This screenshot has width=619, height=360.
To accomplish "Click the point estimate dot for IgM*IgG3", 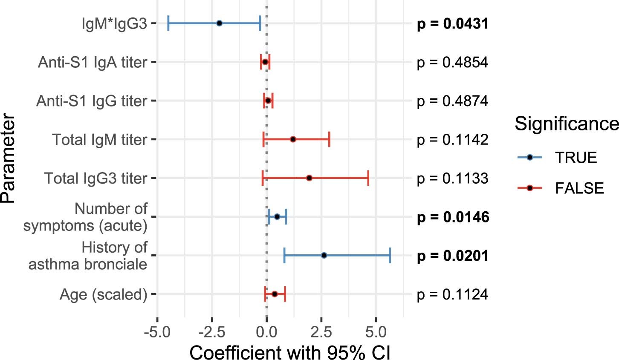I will pos(219,23).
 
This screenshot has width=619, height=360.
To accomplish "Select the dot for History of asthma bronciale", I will pos(324,255).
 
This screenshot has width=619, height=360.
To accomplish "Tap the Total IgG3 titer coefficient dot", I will pos(309,178).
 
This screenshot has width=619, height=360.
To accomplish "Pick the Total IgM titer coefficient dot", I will pos(293,139).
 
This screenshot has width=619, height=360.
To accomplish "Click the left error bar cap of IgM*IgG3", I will pos(168,23).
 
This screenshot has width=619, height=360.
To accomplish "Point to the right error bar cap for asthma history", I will pos(390,255).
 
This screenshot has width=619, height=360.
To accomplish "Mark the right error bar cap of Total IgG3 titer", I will pos(368,178).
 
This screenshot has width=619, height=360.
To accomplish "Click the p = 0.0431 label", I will pos(452,24).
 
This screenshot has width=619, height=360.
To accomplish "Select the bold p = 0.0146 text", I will pos(453,217).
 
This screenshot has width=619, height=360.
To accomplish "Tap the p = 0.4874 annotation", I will pos(452,101).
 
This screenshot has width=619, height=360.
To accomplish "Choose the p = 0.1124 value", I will pos(452,294).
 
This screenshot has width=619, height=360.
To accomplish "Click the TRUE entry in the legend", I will pos(576,158).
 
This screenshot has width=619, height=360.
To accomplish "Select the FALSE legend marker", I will pos(529,188).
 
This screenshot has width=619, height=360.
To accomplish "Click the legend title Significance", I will pos(567,124).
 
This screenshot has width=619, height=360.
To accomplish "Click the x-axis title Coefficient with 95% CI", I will pos(289,352).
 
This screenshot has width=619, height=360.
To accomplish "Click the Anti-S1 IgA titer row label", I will pos(93,62).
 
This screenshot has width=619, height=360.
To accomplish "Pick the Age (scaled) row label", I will pos(103,294).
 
